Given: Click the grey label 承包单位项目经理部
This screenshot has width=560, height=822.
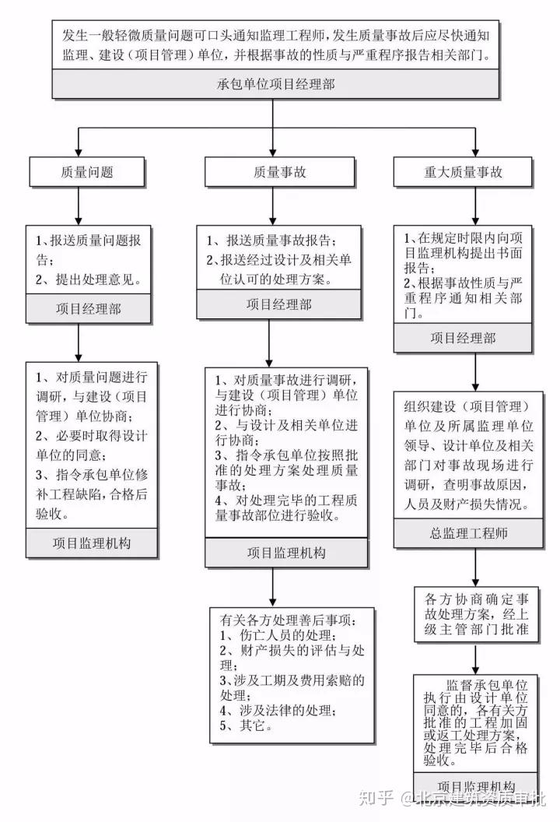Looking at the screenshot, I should click(275, 84).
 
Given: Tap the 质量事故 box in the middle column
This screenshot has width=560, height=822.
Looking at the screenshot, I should click(272, 172).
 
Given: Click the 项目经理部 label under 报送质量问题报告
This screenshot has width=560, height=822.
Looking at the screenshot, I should click(89, 309).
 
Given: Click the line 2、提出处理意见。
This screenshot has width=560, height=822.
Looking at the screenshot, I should click(89, 278).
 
